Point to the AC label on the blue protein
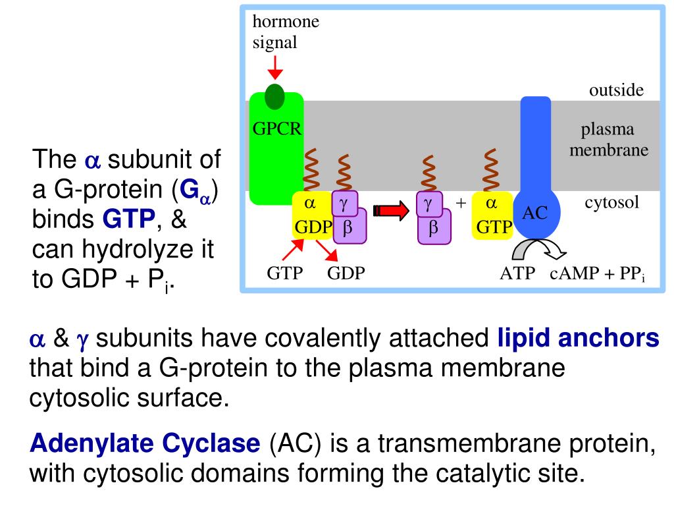tap(535, 213)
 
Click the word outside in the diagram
tap(616, 90)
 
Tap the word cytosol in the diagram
tap(612, 202)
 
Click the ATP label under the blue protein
tap(518, 273)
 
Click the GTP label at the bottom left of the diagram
tap(284, 273)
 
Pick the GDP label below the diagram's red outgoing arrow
tap(346, 273)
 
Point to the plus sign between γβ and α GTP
tap(461, 203)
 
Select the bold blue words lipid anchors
tap(577, 339)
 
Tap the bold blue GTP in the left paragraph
tap(128, 219)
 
